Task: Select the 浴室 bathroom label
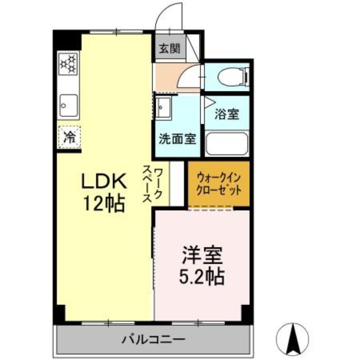226,114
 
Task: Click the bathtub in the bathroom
226,144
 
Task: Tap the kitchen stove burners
69,63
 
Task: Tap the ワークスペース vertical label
153,184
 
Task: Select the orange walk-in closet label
218,184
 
